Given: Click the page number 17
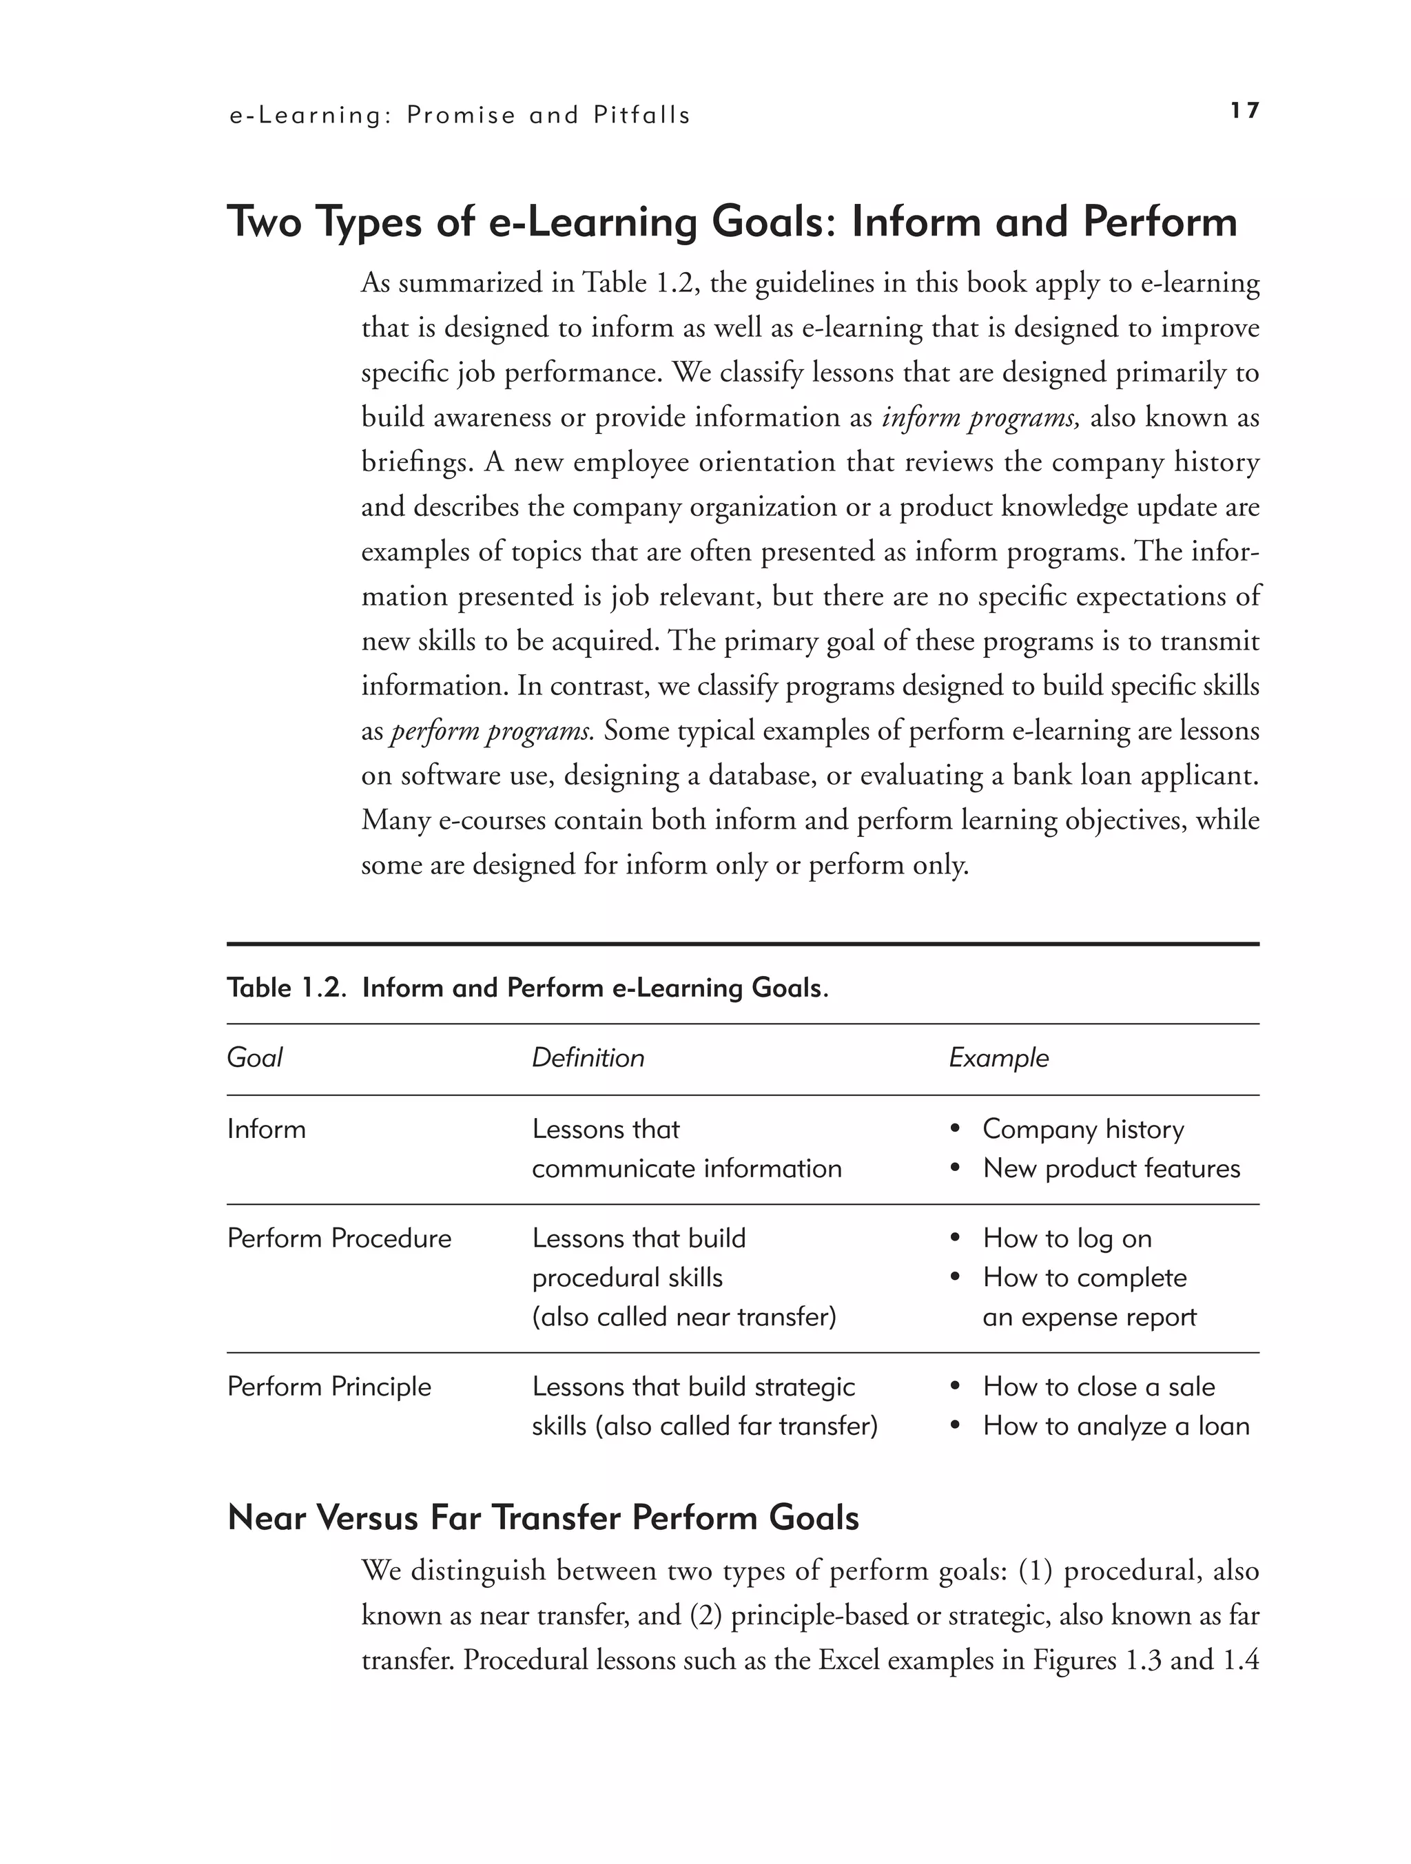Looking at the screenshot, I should coord(1244,110).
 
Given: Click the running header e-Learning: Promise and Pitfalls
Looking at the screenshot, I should coord(460,116).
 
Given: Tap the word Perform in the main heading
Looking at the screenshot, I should coord(1160,222).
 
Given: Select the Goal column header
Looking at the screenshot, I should coord(254,1057).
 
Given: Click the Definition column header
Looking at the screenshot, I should coord(588,1057).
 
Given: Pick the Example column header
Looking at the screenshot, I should coord(999,1057).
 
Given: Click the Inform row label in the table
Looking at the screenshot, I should coord(267,1129).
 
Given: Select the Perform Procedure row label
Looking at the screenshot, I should coord(339,1238).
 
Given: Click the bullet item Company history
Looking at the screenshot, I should coord(1082,1129).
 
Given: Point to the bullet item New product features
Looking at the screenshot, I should coord(1111,1168).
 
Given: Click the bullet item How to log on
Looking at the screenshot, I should coord(1067,1238).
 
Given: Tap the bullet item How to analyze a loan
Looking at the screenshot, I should coord(1115,1426).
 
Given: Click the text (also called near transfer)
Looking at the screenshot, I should coord(683,1316).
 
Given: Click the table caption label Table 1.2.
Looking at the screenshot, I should coord(286,988).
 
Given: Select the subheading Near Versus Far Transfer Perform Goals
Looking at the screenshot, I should coord(543,1518).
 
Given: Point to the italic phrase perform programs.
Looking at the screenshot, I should coord(491,731).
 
